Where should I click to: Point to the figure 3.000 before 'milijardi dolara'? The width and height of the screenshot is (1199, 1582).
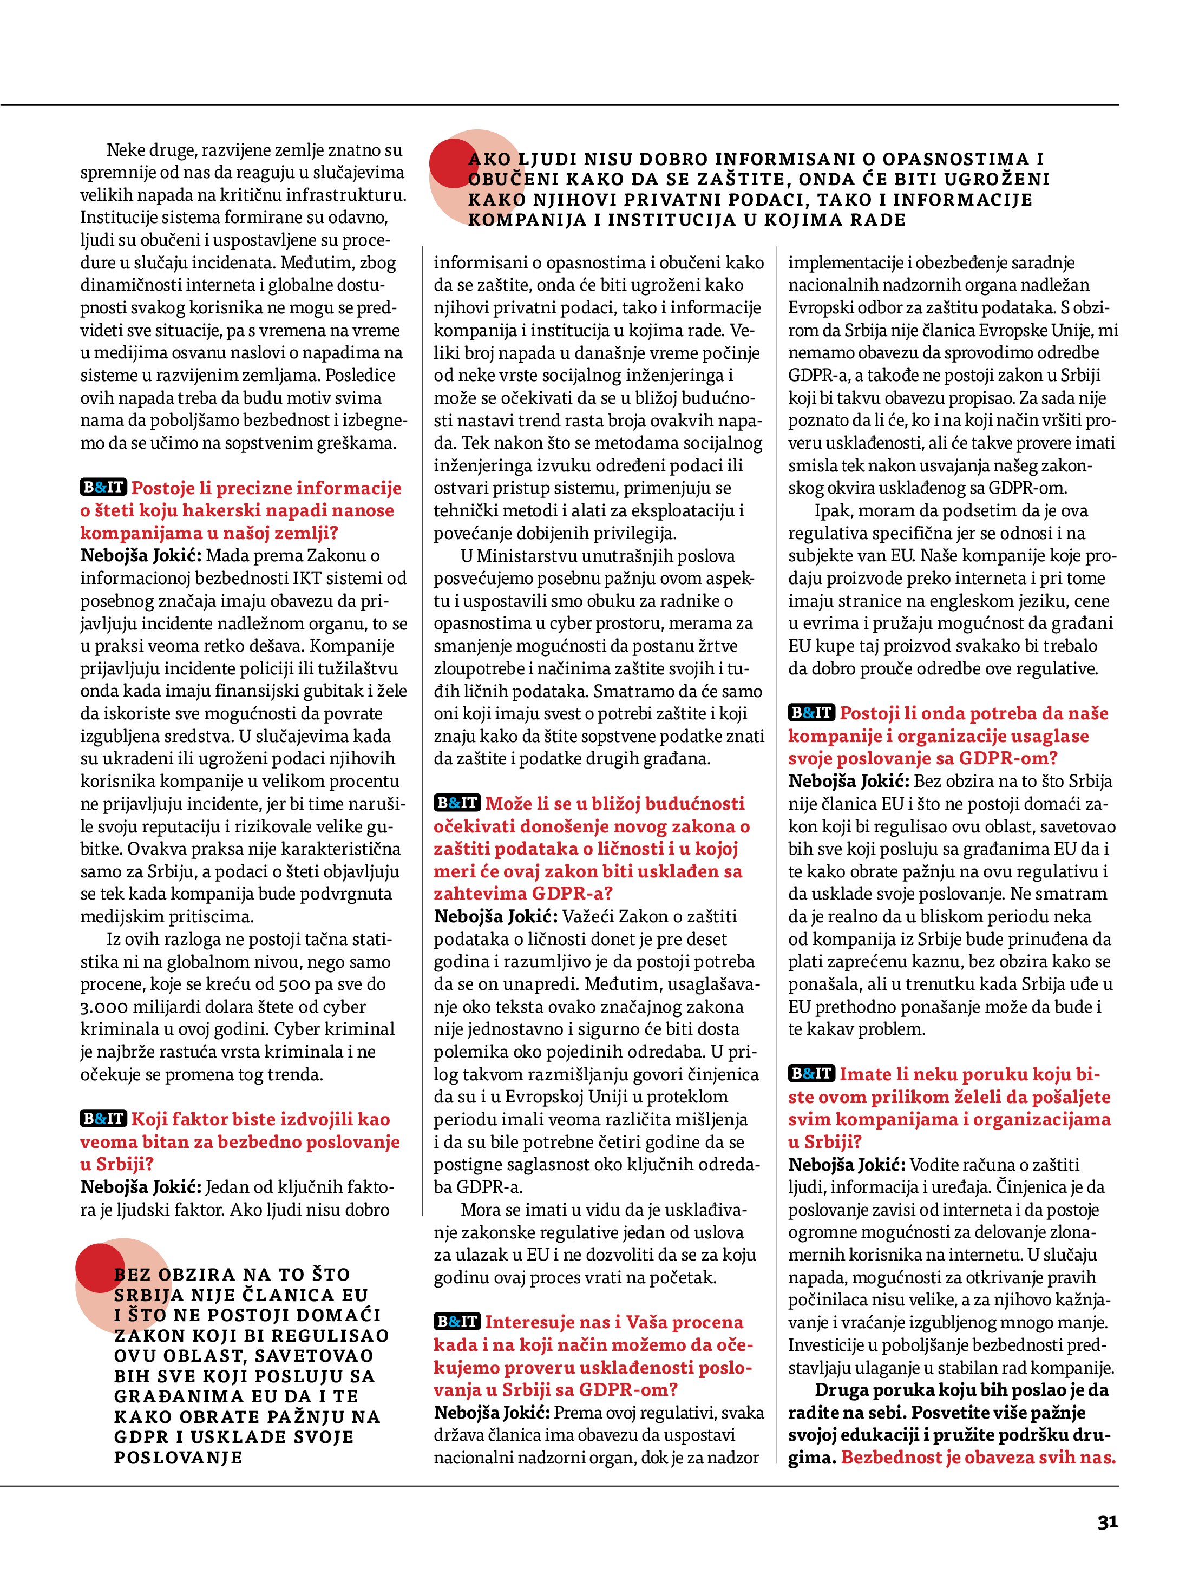click(103, 1007)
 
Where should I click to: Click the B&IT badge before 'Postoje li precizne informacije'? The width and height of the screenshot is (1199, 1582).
click(103, 488)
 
